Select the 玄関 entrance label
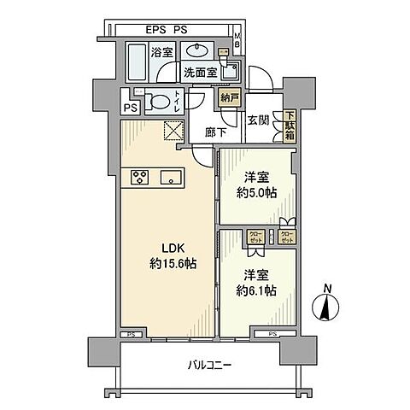[258, 120]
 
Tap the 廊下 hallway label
[216, 132]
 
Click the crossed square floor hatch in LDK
[174, 131]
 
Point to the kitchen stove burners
[141, 178]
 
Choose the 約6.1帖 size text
[260, 291]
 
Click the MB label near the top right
[238, 38]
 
